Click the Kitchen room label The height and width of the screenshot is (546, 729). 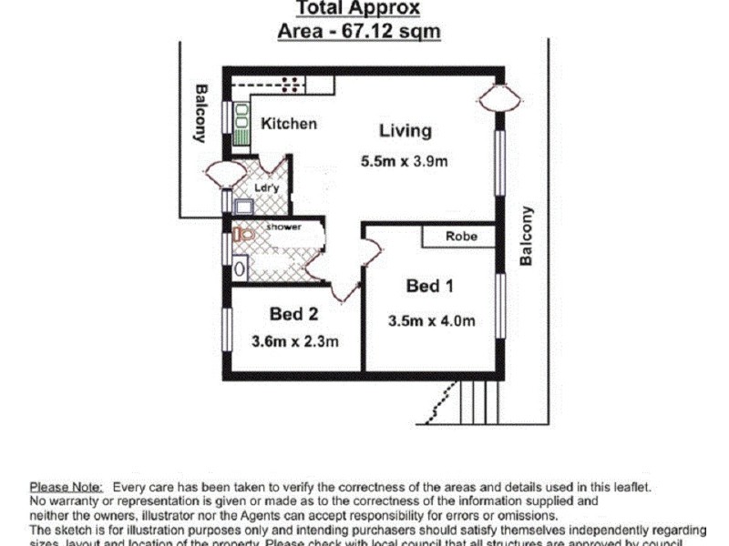pyautogui.click(x=289, y=124)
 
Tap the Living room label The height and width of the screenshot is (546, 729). pyautogui.click(x=405, y=130)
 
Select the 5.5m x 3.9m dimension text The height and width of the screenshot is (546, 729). pyautogui.click(x=405, y=163)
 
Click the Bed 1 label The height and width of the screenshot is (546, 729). pyautogui.click(x=429, y=287)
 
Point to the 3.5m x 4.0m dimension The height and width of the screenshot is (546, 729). pyautogui.click(x=431, y=320)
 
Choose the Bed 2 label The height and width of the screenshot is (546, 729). pyautogui.click(x=293, y=314)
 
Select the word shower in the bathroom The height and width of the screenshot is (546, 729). pyautogui.click(x=283, y=226)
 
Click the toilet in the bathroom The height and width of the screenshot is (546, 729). pyautogui.click(x=242, y=235)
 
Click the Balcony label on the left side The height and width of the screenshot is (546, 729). pyautogui.click(x=200, y=114)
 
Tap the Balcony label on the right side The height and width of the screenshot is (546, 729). pyautogui.click(x=526, y=236)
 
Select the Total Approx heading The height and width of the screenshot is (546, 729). pyautogui.click(x=358, y=9)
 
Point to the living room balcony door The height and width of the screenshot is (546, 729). pyautogui.click(x=498, y=96)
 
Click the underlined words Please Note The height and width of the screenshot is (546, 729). pyautogui.click(x=67, y=488)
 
